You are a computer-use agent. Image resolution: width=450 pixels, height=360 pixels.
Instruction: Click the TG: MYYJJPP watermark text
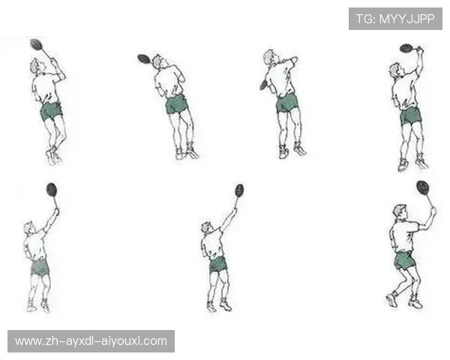point(395,19)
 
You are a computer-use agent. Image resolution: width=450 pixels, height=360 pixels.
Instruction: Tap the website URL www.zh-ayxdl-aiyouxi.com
point(91,341)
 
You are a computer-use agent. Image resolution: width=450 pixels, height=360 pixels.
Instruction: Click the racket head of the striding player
point(423,187)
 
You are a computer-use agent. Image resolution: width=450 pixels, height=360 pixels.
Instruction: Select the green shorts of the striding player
point(404,260)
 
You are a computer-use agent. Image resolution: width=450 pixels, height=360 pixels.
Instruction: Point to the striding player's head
point(400,211)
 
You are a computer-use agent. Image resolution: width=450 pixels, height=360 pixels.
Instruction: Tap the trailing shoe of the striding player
point(391,299)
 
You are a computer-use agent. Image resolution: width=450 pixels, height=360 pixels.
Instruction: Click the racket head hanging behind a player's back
point(263,85)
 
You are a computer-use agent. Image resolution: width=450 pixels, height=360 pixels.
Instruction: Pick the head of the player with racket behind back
point(270,58)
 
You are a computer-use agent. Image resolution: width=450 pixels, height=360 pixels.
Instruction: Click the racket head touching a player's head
point(144,58)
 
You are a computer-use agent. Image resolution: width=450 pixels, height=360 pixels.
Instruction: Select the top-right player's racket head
point(406,48)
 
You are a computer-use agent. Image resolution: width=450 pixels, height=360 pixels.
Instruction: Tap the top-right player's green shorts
point(411,116)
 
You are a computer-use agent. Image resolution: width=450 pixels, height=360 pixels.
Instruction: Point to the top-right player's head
point(395,70)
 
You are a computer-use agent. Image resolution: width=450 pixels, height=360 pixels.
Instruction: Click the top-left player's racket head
point(37,44)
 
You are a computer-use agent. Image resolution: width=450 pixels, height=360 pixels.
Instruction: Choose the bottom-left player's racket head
point(52,190)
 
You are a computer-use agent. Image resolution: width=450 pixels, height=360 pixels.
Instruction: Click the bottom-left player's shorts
point(40,267)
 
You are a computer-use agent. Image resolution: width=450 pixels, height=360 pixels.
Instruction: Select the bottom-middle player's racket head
point(239,190)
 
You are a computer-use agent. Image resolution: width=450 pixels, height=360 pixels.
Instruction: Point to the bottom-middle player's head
point(207,228)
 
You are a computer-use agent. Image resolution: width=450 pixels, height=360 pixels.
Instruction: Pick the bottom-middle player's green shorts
point(217,265)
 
